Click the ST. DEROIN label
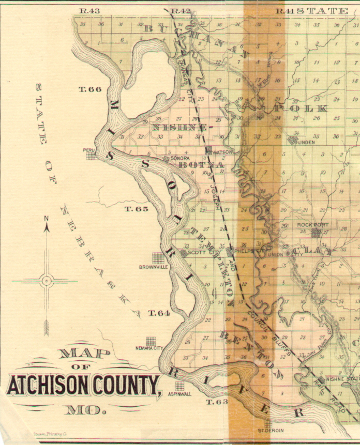click(x=268, y=430)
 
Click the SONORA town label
click(x=181, y=158)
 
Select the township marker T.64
click(x=159, y=313)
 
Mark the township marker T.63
click(x=217, y=402)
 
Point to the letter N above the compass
click(x=46, y=218)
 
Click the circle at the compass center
click(x=47, y=281)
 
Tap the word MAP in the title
click(x=84, y=354)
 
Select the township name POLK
click(x=301, y=109)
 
